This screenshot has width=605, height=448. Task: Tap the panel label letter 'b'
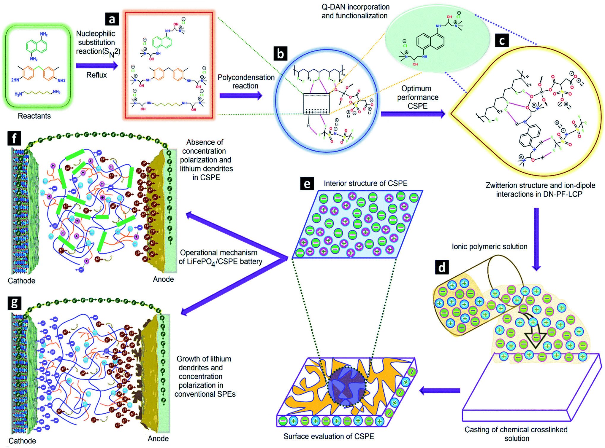pyautogui.click(x=280, y=54)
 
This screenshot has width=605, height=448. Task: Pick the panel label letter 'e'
pyautogui.click(x=307, y=184)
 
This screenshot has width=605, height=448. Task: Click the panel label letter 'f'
pyautogui.click(x=14, y=138)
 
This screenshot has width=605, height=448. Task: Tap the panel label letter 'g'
pyautogui.click(x=14, y=303)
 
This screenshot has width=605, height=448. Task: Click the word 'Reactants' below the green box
pyautogui.click(x=34, y=116)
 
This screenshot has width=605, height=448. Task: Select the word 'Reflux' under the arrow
pyautogui.click(x=96, y=75)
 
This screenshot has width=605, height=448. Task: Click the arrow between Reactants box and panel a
pyautogui.click(x=96, y=66)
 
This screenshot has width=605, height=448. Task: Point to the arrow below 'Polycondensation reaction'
pyautogui.click(x=241, y=95)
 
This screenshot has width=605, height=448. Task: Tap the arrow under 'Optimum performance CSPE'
pyautogui.click(x=413, y=114)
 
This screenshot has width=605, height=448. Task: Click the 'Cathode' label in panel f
pyautogui.click(x=21, y=281)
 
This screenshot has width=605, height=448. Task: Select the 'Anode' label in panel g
pyautogui.click(x=158, y=439)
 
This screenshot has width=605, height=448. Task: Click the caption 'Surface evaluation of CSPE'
pyautogui.click(x=329, y=436)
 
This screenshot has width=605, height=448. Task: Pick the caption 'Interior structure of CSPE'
pyautogui.click(x=365, y=184)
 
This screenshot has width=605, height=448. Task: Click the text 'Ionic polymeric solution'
pyautogui.click(x=490, y=247)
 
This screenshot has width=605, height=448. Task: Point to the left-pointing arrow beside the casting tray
pyautogui.click(x=439, y=391)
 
